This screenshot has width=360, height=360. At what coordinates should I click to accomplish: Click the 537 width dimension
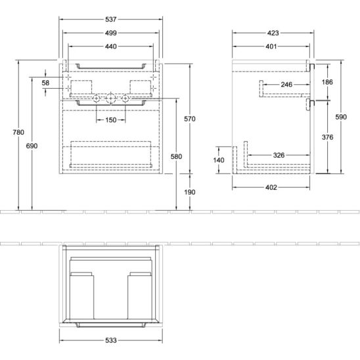tap(111, 19)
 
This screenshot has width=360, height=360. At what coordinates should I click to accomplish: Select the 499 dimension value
tap(111, 33)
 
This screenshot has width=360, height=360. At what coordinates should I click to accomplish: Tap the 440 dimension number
tap(111, 47)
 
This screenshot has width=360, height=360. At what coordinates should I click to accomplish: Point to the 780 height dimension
tap(18, 132)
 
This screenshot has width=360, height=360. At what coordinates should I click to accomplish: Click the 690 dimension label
tap(32, 146)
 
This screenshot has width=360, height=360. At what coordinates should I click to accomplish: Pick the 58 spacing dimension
tap(45, 83)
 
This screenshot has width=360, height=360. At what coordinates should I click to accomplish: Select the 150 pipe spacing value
tap(111, 120)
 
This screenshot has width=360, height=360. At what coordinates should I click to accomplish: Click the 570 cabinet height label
tap(190, 119)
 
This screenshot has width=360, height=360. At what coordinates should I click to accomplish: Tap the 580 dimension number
tap(176, 156)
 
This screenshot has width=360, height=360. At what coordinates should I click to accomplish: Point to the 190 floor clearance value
tap(190, 192)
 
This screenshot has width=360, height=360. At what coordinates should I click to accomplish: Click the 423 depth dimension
tap(273, 33)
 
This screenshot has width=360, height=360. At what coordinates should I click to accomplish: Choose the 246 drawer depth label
tap(286, 85)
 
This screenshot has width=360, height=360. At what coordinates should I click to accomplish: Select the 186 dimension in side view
tap(327, 82)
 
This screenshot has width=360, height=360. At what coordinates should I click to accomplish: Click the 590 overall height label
tap(341, 117)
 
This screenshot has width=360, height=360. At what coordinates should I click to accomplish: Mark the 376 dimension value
tap(327, 137)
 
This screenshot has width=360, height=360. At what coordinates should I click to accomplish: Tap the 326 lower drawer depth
tap(279, 155)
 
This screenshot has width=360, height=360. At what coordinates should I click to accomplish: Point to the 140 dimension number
tap(219, 160)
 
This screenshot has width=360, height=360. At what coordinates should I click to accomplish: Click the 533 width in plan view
tap(111, 340)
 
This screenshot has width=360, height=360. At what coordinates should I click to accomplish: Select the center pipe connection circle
tap(111, 99)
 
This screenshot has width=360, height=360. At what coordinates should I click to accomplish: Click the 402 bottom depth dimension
tap(271, 187)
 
